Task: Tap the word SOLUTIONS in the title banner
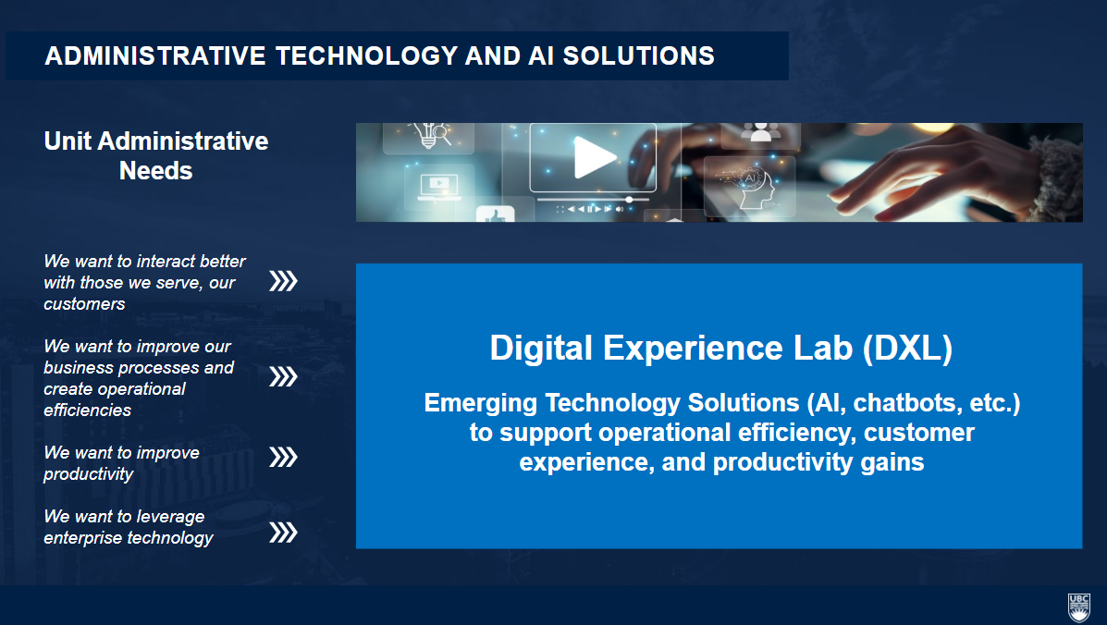(x=638, y=55)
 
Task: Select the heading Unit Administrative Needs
(x=156, y=156)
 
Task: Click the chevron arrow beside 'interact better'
(x=283, y=281)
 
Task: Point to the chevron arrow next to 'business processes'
(x=283, y=376)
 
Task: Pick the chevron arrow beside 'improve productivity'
(x=283, y=457)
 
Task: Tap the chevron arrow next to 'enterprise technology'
(x=283, y=532)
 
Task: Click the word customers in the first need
(x=85, y=304)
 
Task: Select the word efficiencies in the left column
(x=88, y=410)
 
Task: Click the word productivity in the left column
(x=88, y=474)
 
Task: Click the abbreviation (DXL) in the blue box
(x=907, y=349)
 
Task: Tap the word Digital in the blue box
(x=541, y=349)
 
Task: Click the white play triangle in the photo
(x=593, y=156)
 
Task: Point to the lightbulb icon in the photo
(x=428, y=134)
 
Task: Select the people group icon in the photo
(x=760, y=132)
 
